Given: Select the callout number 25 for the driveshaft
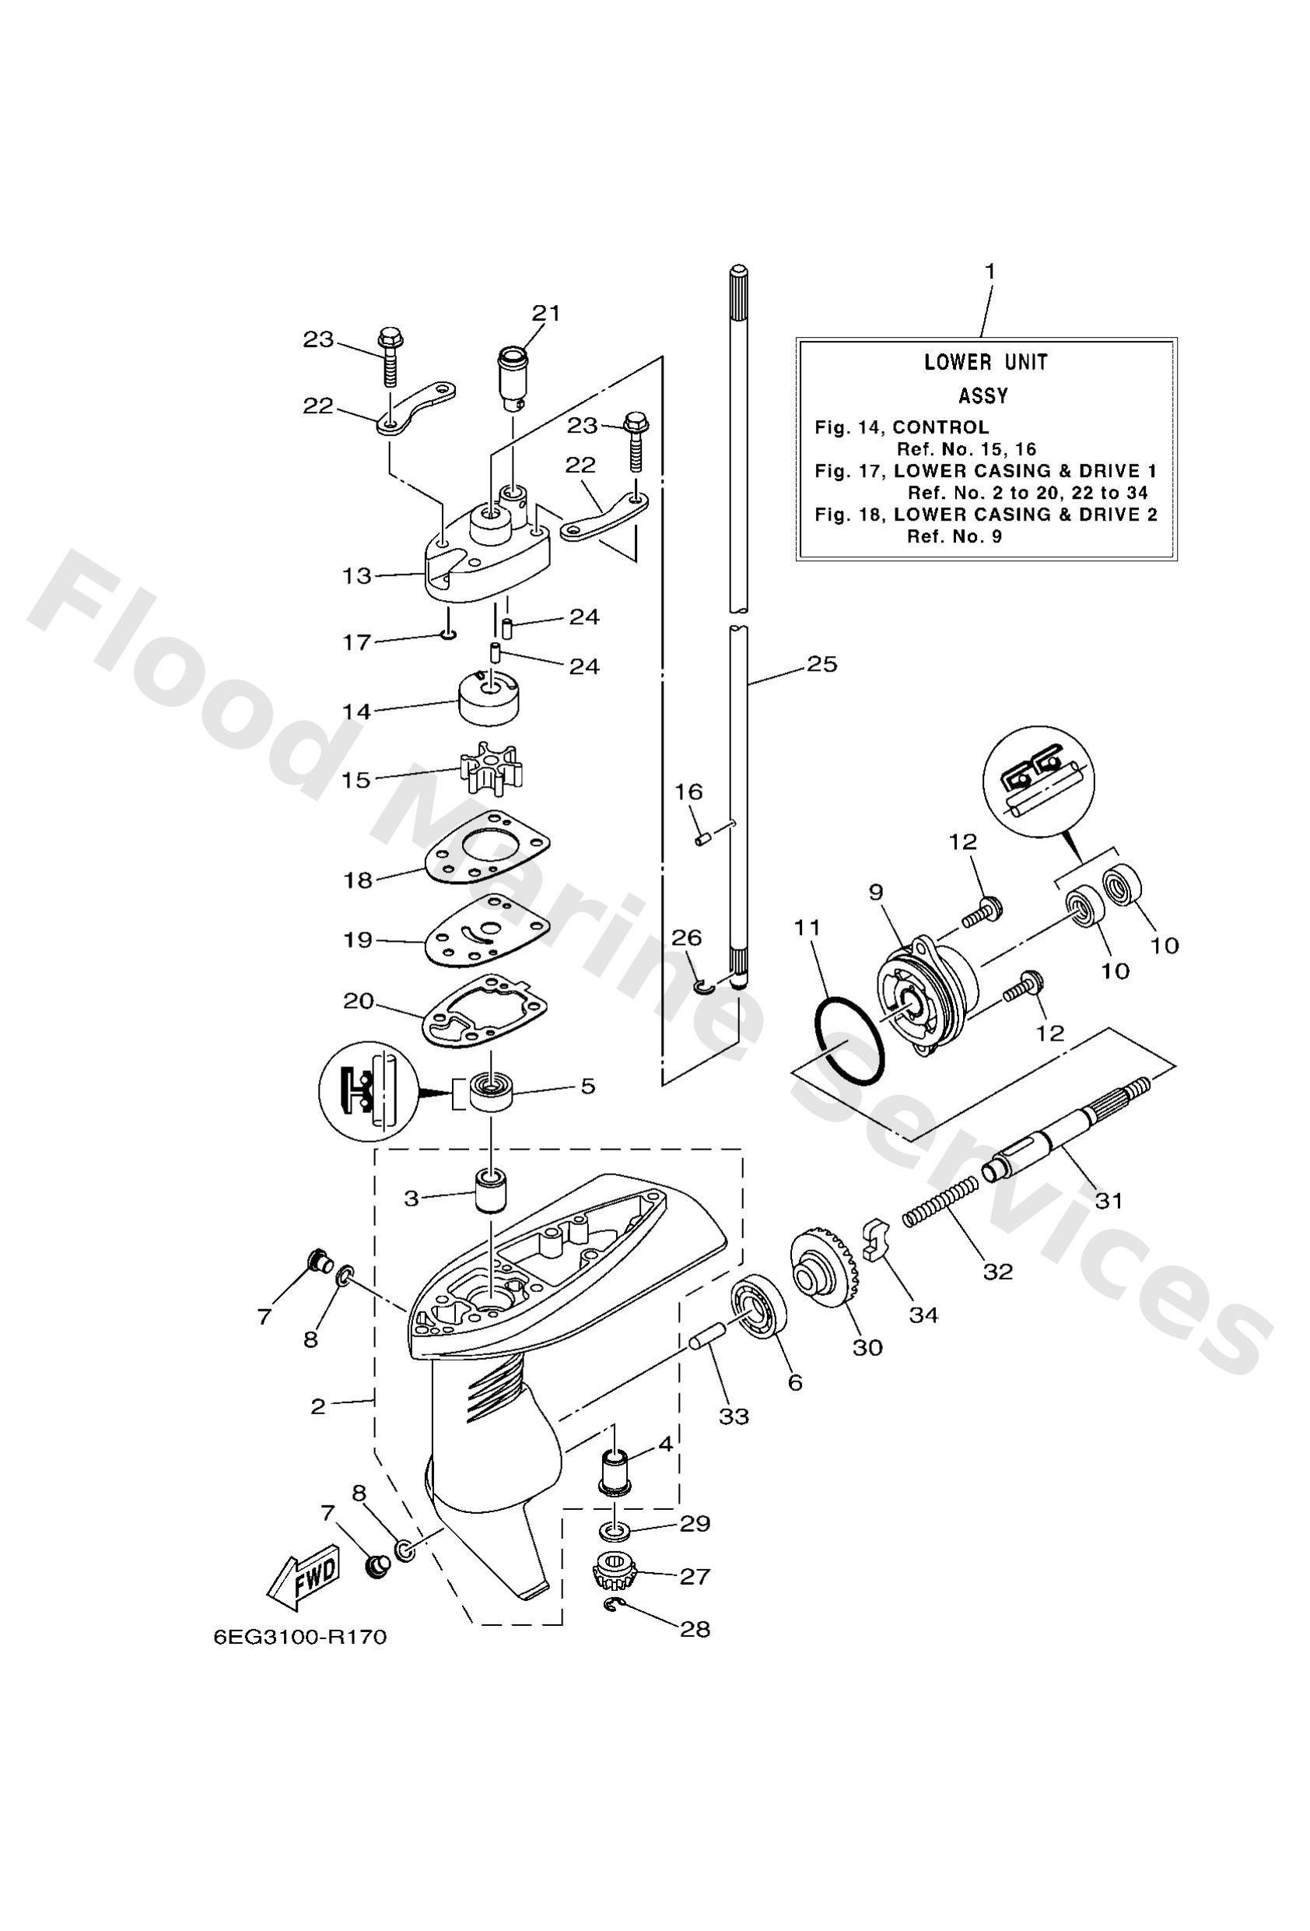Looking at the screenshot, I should (x=821, y=664).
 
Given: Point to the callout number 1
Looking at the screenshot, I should (x=990, y=271).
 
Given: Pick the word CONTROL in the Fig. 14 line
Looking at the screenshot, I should (x=940, y=427).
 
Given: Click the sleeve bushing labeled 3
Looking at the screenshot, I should (x=489, y=1195).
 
